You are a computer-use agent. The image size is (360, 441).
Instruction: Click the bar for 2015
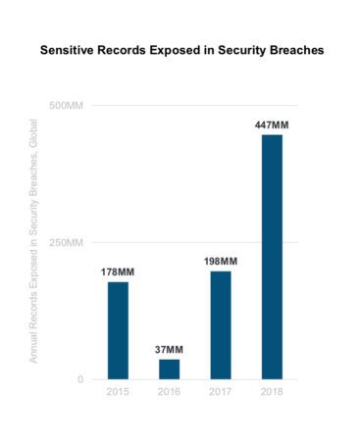click(x=118, y=329)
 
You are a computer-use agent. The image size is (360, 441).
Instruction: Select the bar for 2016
click(x=170, y=368)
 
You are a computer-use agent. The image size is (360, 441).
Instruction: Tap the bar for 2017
click(x=221, y=324)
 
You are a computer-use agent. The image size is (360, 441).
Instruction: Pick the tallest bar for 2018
click(x=272, y=256)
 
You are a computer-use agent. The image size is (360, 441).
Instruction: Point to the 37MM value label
click(x=170, y=350)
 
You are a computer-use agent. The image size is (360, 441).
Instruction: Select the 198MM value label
click(x=221, y=262)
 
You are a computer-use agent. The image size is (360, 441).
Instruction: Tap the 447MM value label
click(x=272, y=125)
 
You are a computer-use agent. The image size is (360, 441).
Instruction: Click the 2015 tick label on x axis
click(x=118, y=392)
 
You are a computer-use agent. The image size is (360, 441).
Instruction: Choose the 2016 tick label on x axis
click(x=170, y=392)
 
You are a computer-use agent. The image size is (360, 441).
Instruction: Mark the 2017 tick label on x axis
click(x=221, y=392)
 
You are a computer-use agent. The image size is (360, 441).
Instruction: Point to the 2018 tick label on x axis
click(x=272, y=392)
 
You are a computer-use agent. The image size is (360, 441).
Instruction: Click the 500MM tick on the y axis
click(x=67, y=106)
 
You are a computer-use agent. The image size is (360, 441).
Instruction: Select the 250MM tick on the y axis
click(x=67, y=242)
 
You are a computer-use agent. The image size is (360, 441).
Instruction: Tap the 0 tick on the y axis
click(x=84, y=379)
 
